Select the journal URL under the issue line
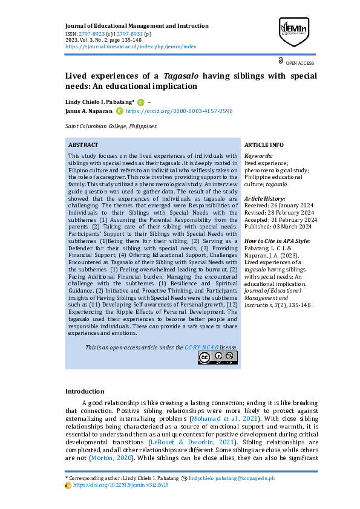coord(131,46)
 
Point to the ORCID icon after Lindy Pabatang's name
coord(141,102)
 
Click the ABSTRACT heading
coord(83,145)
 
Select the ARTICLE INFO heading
coord(264,145)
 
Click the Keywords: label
coord(258,156)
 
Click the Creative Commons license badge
coord(217,357)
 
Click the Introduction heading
coord(85,391)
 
